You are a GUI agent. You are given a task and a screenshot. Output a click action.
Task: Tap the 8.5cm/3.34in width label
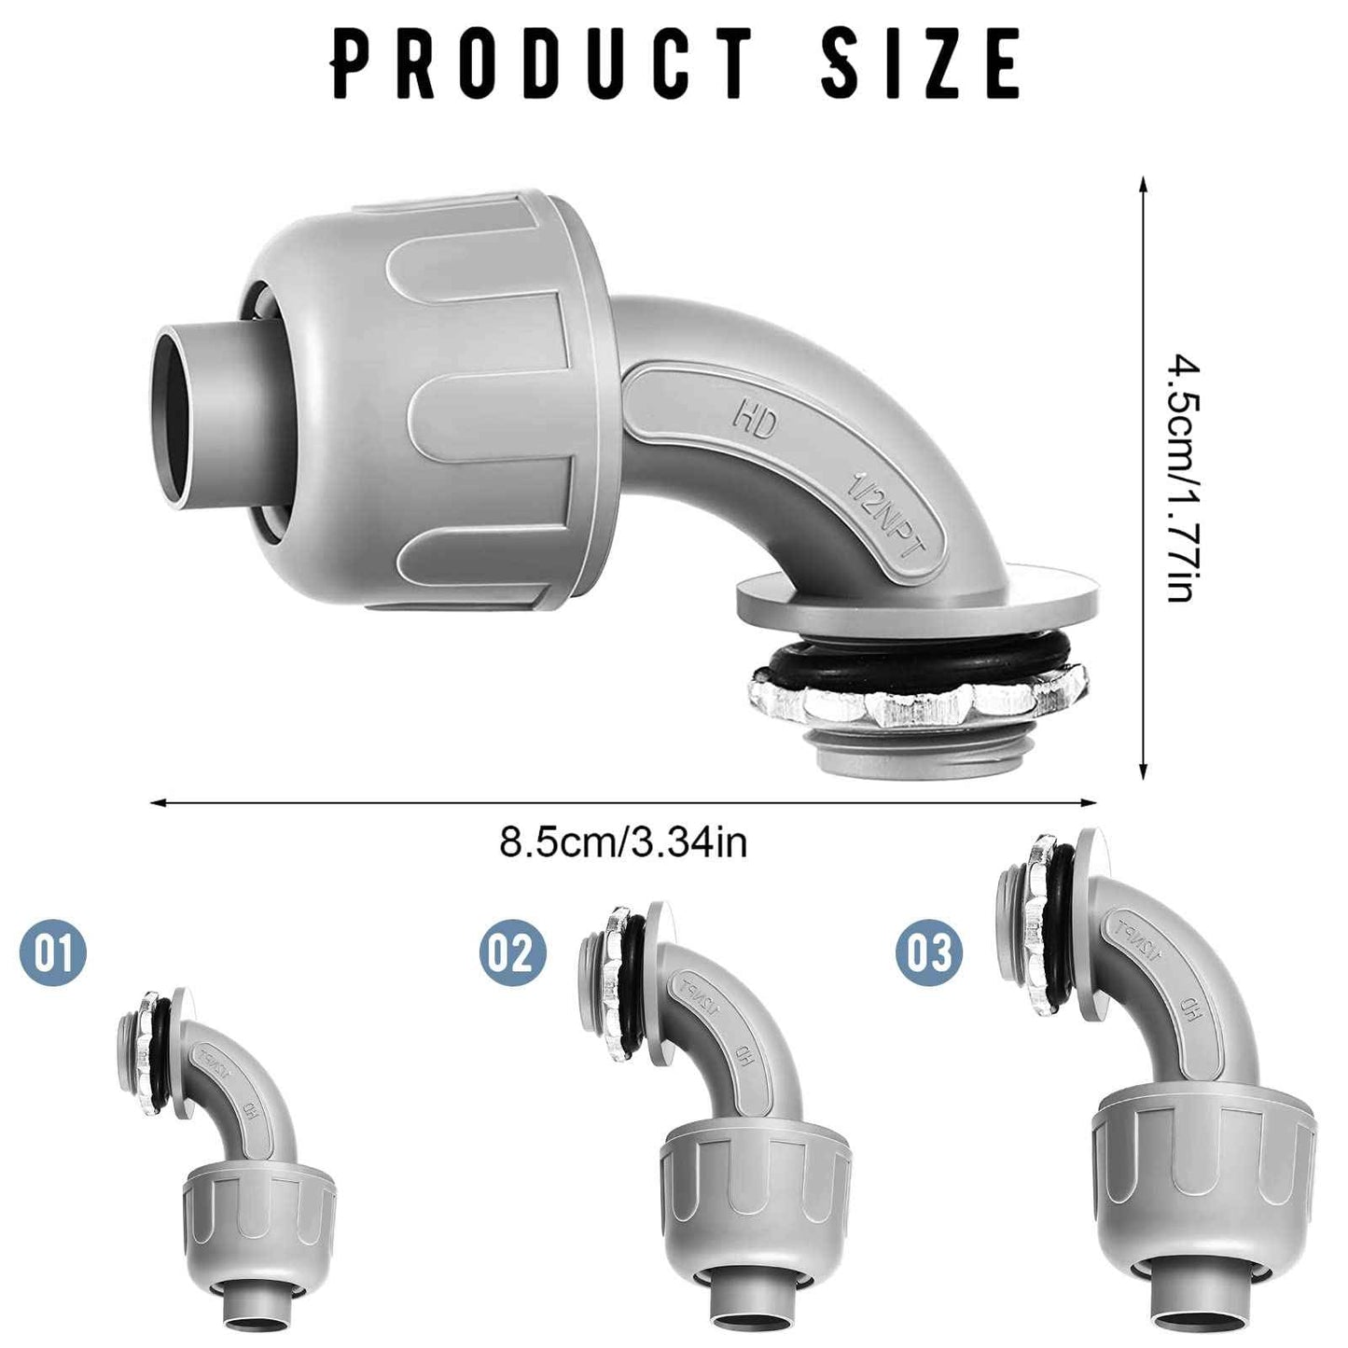coord(623,841)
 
